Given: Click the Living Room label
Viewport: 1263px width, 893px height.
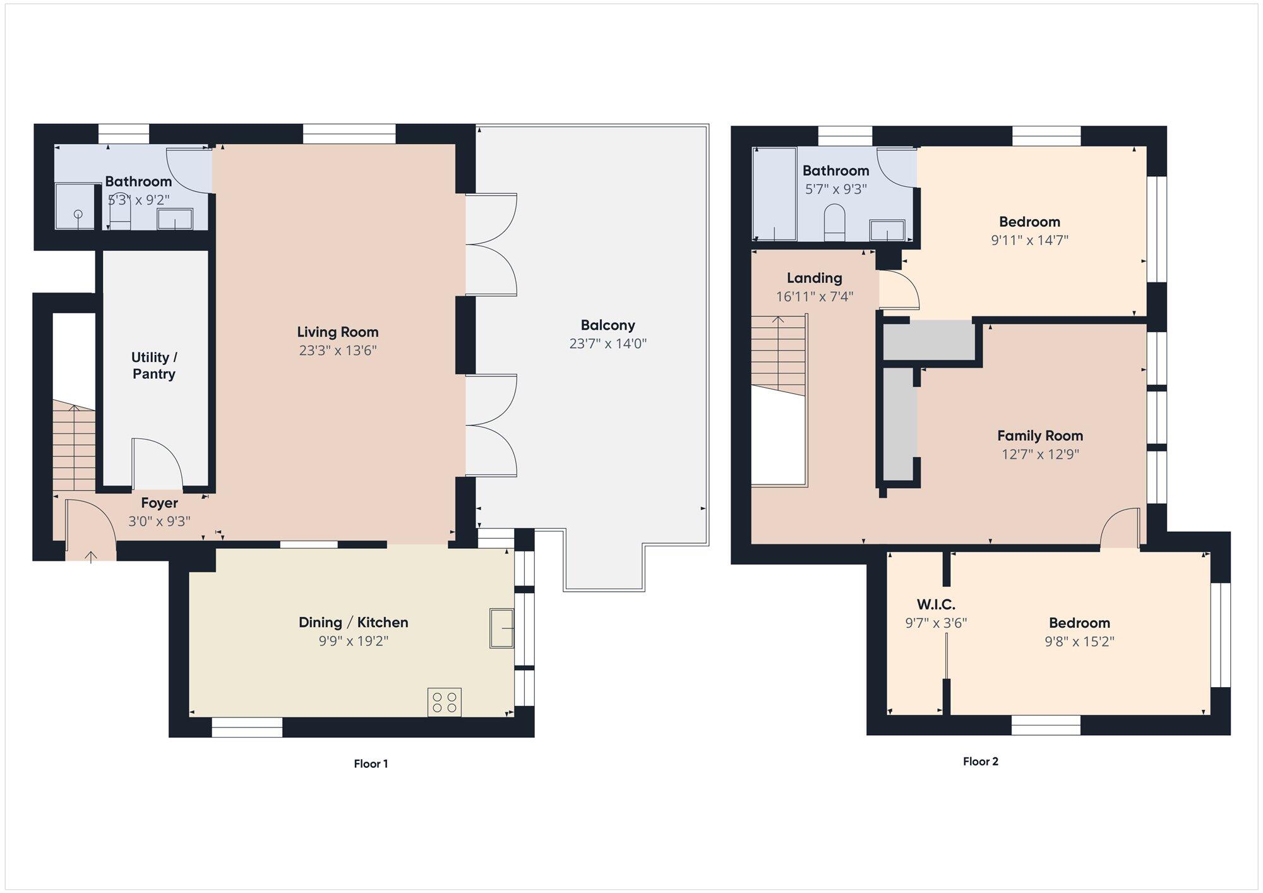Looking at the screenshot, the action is pyautogui.click(x=338, y=332).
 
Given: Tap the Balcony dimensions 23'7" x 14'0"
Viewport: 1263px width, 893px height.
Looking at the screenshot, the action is pyautogui.click(x=608, y=344).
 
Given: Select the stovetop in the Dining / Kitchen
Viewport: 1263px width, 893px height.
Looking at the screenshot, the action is pyautogui.click(x=445, y=702).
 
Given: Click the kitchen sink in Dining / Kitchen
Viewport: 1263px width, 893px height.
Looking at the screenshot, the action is pyautogui.click(x=502, y=628).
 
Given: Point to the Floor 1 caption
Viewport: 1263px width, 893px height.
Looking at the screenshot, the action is pyautogui.click(x=371, y=764).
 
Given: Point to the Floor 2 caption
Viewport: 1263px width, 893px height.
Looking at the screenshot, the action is pyautogui.click(x=981, y=761).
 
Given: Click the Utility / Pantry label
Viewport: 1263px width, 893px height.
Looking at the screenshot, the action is pyautogui.click(x=154, y=365).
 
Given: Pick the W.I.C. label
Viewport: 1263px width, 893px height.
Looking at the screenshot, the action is pyautogui.click(x=936, y=604).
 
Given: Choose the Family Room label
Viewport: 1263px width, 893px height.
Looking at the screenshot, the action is pyautogui.click(x=1040, y=435).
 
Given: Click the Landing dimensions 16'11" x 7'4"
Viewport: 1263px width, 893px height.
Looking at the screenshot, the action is pyautogui.click(x=815, y=296).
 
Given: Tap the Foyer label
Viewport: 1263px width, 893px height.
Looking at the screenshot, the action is pyautogui.click(x=159, y=503).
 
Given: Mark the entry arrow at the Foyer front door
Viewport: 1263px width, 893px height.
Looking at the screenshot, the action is pyautogui.click(x=91, y=556).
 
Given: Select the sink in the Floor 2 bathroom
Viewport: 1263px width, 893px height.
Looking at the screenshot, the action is pyautogui.click(x=887, y=230).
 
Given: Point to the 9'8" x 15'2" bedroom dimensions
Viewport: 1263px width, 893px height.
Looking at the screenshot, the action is pyautogui.click(x=1079, y=642).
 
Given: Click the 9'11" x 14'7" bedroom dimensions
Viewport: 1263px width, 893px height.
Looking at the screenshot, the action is pyautogui.click(x=1030, y=240).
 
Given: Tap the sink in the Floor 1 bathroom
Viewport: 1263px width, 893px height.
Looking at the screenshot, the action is pyautogui.click(x=175, y=219).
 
